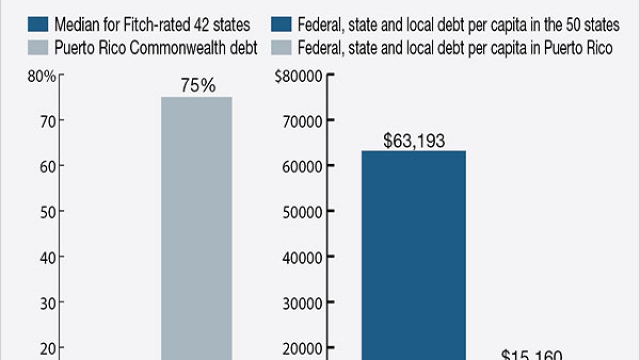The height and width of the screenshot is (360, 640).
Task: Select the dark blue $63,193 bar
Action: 413,255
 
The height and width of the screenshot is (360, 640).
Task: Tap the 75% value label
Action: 198,85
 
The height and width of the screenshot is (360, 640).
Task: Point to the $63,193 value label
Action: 414,141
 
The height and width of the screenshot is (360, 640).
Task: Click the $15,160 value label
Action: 531,354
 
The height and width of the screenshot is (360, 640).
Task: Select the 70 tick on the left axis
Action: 47,120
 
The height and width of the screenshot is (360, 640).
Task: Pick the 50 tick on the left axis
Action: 47,211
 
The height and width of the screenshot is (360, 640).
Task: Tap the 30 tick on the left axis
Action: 47,302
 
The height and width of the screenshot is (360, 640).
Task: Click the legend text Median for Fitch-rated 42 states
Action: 152,24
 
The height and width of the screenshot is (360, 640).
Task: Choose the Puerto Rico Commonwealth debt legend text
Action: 155,48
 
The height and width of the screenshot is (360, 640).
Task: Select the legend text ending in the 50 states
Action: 458,24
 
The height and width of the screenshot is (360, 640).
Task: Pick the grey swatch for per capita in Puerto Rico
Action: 281,48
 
